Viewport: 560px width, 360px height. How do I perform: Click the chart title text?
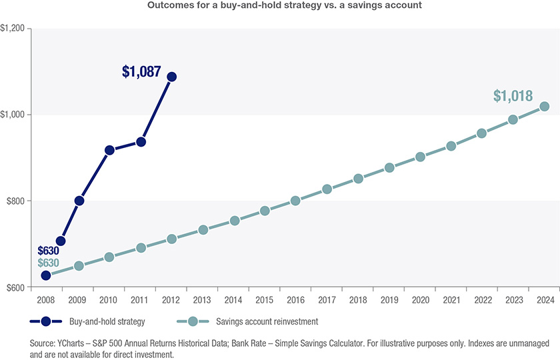[280, 6]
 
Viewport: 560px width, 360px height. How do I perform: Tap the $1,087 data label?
[141, 72]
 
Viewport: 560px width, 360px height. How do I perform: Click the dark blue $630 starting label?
[49, 251]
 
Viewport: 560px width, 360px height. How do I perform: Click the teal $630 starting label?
[49, 263]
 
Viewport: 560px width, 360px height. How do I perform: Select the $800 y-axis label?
[15, 201]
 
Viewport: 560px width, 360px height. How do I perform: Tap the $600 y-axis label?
[15, 287]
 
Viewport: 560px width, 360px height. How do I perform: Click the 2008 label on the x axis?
[46, 301]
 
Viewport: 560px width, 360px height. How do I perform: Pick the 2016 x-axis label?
[295, 301]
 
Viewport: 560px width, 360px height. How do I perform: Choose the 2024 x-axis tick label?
[545, 301]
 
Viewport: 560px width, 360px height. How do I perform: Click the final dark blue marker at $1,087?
[171, 77]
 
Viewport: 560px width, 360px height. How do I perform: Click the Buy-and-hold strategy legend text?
[107, 321]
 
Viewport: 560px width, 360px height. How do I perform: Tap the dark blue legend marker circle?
[45, 321]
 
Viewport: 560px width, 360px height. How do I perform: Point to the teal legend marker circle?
[192, 321]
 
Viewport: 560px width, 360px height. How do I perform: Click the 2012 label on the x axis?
[171, 301]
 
